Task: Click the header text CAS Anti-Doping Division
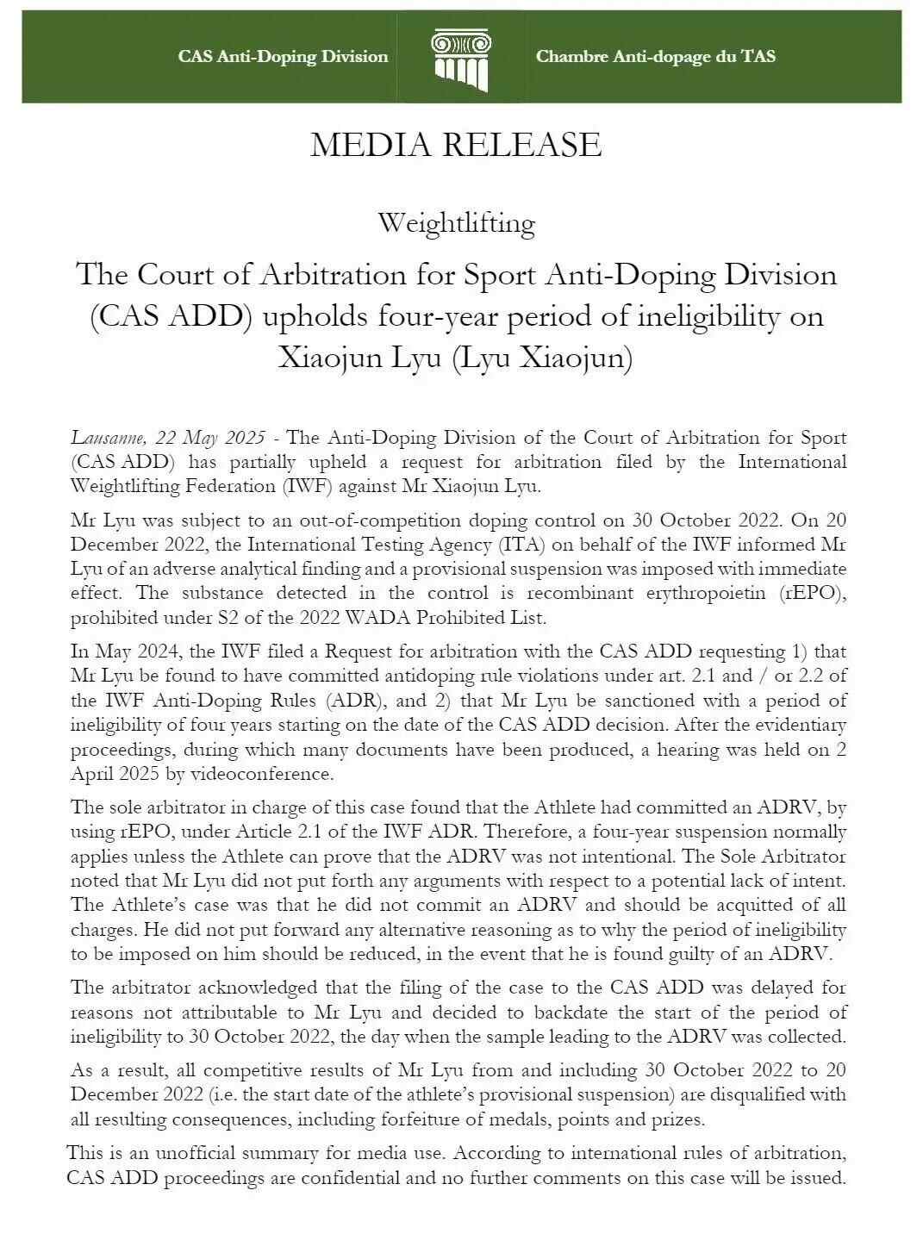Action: click(283, 57)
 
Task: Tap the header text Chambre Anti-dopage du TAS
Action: click(655, 57)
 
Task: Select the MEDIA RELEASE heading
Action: click(456, 145)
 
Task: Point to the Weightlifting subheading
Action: click(456, 224)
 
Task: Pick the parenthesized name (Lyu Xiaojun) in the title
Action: click(542, 357)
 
